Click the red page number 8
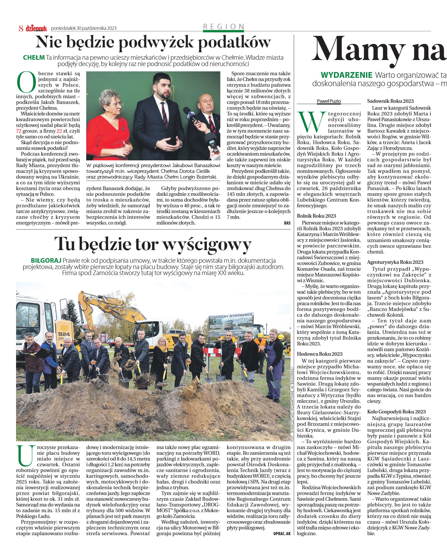21,28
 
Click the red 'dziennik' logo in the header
36,28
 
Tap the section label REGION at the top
224,27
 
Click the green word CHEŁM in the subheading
34,57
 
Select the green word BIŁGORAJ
46,260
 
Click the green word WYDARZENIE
346,75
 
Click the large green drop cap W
312,122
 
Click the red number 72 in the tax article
19,131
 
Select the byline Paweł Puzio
329,101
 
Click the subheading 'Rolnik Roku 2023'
316,216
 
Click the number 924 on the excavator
64,334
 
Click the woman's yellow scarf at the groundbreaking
163,349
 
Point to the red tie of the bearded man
165,114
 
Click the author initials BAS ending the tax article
287,223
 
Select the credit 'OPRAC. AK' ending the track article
282,533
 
